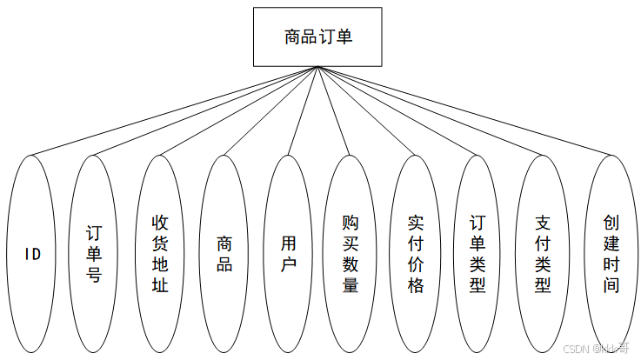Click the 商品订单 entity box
point(317,37)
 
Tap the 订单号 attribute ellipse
point(93,254)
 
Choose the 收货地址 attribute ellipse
point(160,254)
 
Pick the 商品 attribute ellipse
point(224,254)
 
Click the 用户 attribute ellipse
point(288,254)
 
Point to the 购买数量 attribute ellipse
point(351,254)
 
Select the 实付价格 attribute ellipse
point(416,254)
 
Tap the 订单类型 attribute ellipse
point(477,254)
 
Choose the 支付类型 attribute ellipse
point(543,254)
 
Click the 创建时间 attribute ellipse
point(611,254)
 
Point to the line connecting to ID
point(175,110)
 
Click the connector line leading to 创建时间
point(464,110)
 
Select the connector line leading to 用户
point(303,110)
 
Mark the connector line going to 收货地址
point(238,110)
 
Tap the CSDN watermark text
point(596,349)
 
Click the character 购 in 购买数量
point(351,223)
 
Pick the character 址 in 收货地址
point(160,285)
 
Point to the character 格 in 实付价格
point(416,285)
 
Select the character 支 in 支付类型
point(543,223)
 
